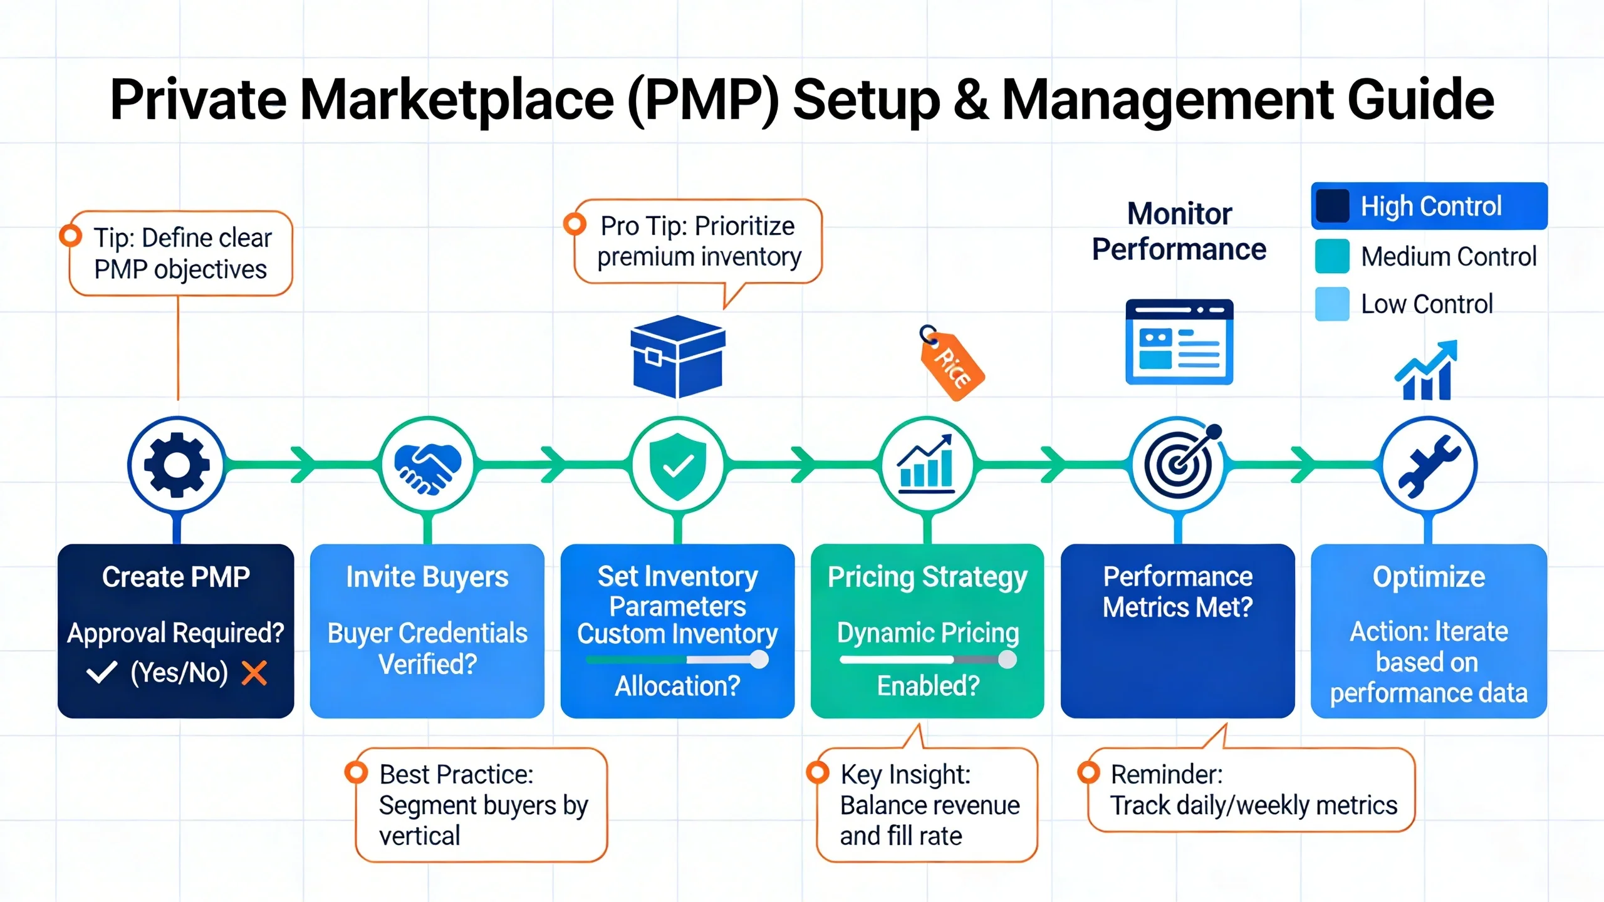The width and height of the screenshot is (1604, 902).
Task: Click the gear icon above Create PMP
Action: (177, 465)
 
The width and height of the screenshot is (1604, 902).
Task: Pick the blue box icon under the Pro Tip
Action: (677, 356)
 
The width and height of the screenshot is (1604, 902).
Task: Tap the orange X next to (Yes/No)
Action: (254, 673)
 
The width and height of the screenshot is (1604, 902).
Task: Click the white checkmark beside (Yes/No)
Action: (102, 673)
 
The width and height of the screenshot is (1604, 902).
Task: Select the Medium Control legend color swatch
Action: (1332, 256)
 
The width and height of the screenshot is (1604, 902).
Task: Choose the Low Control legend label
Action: (1427, 304)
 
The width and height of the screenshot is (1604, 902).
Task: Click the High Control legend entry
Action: (1429, 206)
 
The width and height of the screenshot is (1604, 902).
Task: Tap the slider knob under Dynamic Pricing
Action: (1007, 660)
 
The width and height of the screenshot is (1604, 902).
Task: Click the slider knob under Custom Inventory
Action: (759, 660)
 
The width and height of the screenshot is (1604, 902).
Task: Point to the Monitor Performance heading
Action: (1179, 231)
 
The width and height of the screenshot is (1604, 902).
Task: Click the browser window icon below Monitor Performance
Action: (1179, 342)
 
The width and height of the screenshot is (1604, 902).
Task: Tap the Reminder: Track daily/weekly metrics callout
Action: (1251, 790)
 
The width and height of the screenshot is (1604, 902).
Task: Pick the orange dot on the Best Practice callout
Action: (356, 772)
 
